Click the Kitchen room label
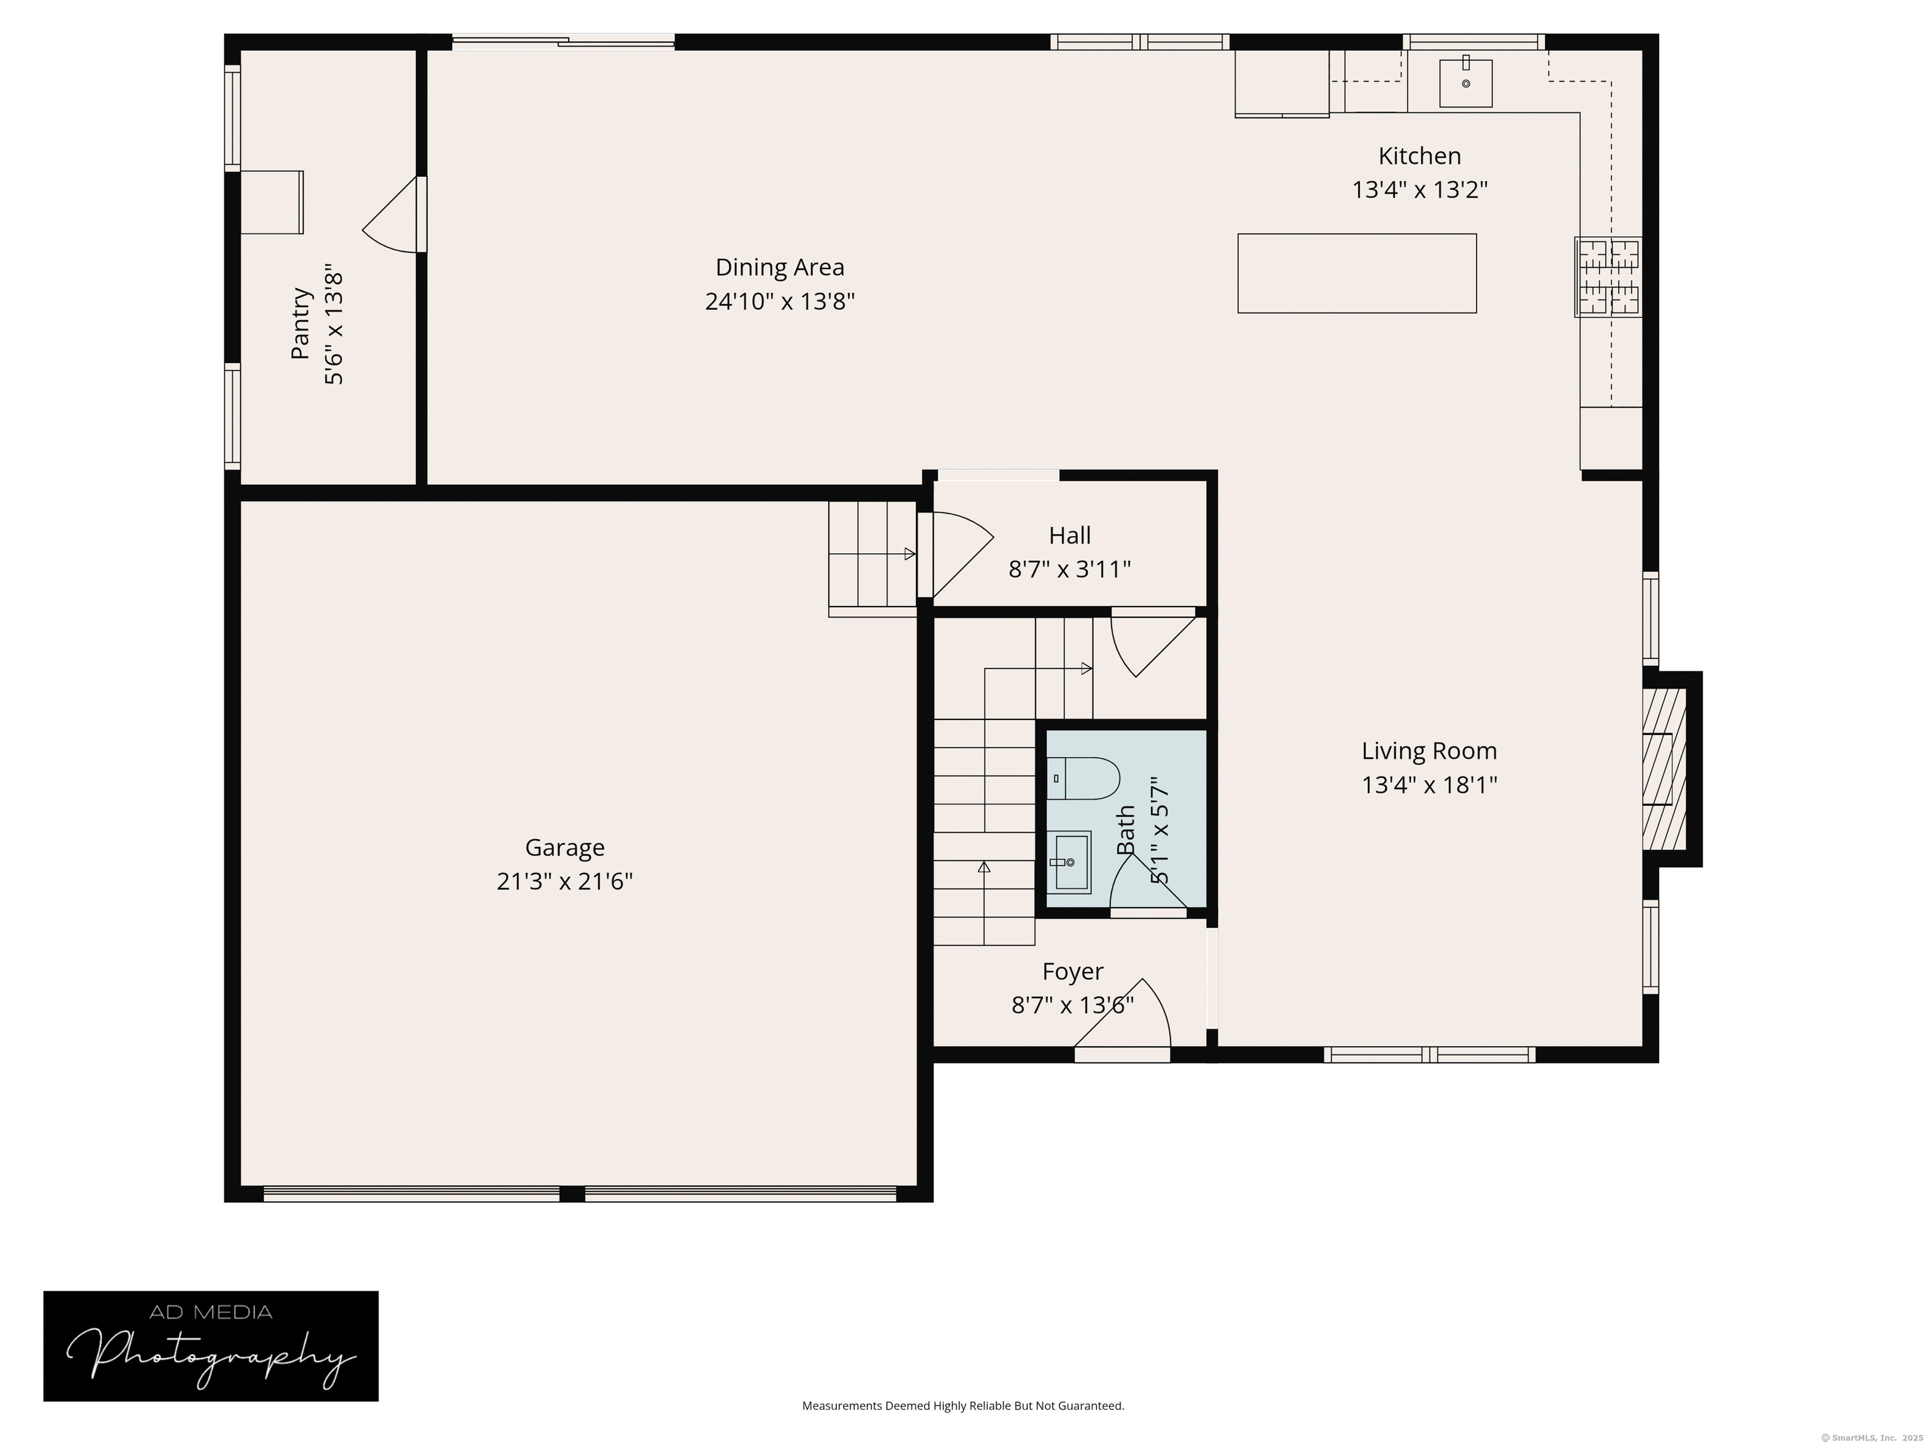[1419, 156]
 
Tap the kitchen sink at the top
[1465, 83]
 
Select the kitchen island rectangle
[1356, 273]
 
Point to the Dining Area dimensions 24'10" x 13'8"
[780, 302]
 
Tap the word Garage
[565, 847]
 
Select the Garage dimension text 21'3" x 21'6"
[565, 881]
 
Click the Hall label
[1070, 535]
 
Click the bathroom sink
[1069, 862]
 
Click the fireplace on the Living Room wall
[1665, 769]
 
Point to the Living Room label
[1429, 751]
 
